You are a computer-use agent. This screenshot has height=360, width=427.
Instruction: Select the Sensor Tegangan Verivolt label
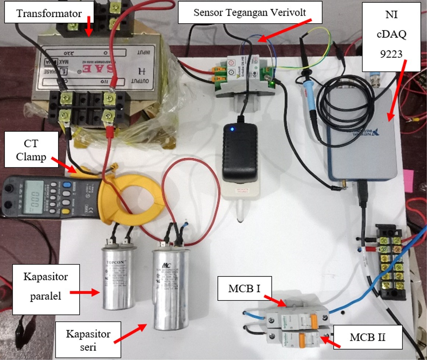(250, 13)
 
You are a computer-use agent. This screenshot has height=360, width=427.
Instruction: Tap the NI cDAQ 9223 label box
(391, 36)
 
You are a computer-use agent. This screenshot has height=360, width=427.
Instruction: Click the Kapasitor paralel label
(46, 289)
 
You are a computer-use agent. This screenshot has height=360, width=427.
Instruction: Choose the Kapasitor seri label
(88, 341)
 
